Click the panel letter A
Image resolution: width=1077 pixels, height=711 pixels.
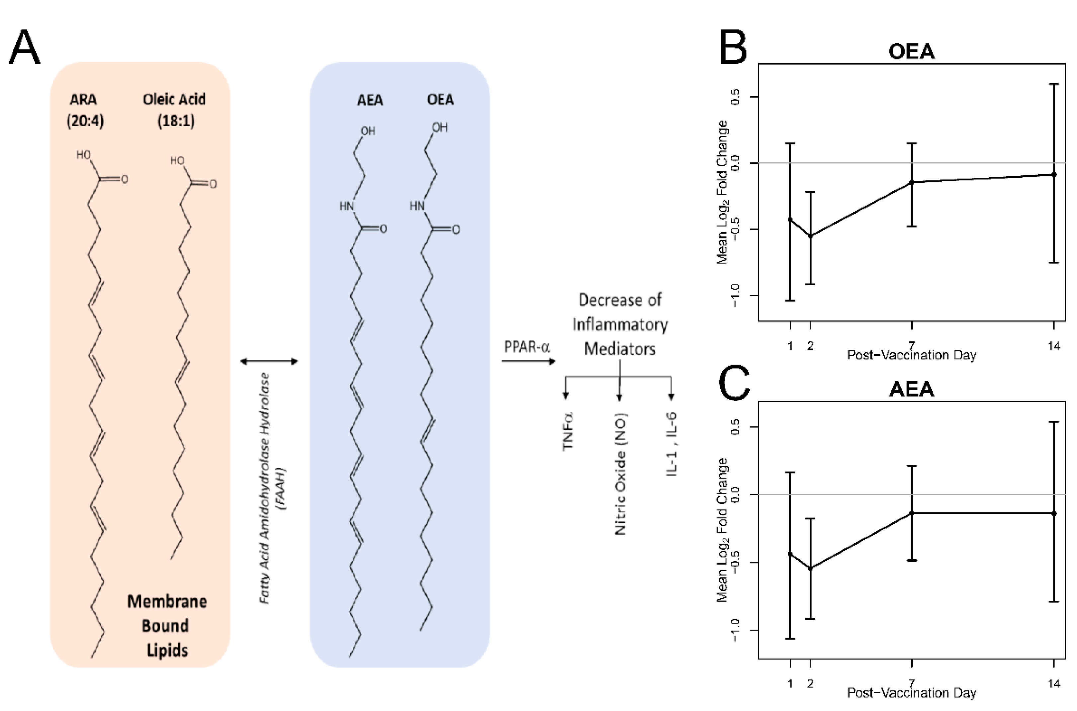point(25,47)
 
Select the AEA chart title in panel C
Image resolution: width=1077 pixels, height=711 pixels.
point(912,390)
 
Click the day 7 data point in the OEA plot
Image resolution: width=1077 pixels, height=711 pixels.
point(912,182)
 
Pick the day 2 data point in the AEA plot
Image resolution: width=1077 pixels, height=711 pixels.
point(810,568)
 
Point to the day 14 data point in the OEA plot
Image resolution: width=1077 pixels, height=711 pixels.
point(1053,174)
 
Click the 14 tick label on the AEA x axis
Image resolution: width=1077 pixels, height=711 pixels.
point(1054,683)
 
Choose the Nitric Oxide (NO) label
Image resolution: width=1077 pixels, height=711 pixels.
point(620,474)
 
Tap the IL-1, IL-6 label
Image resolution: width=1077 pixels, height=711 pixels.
point(672,444)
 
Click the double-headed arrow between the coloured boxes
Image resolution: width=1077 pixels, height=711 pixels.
point(269,361)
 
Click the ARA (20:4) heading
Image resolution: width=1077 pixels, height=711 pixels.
point(85,110)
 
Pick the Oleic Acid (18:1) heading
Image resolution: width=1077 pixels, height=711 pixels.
point(175,110)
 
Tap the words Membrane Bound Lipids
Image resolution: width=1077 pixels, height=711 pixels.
point(166,626)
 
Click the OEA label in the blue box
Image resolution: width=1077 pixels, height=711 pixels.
point(440,100)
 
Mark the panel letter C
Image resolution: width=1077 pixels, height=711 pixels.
point(734,384)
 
